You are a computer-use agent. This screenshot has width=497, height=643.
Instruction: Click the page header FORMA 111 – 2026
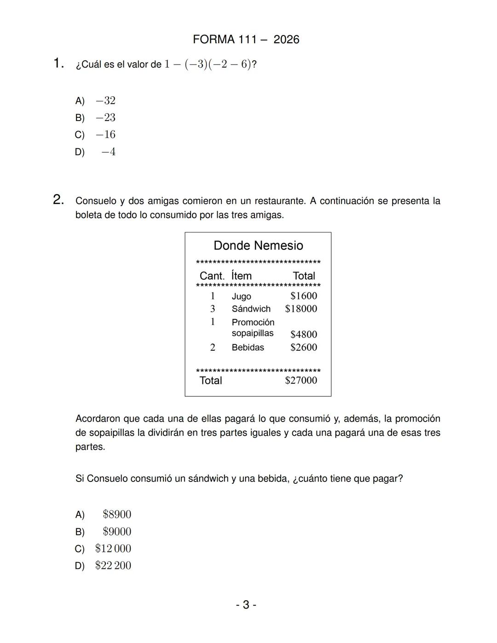(x=246, y=40)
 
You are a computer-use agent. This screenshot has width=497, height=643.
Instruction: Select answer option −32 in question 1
(x=105, y=101)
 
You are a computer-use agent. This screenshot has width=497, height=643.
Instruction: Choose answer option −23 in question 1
(x=105, y=118)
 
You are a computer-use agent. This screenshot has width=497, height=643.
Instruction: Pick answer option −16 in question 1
(x=105, y=135)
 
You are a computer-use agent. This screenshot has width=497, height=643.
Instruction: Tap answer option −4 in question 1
(x=108, y=152)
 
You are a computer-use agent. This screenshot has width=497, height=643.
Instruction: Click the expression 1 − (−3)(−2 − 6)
(x=208, y=64)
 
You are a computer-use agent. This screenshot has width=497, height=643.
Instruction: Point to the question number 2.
(x=58, y=200)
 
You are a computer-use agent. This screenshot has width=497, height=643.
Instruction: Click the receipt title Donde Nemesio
(x=258, y=245)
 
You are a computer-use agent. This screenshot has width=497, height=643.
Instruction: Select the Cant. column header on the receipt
(x=212, y=276)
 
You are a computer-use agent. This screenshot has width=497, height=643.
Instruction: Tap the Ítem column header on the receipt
(x=241, y=276)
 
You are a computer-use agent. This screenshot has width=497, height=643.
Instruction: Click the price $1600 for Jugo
(x=303, y=296)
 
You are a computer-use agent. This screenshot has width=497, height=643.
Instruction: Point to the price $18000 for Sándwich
(x=301, y=309)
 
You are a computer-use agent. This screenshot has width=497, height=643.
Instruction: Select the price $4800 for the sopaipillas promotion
(x=303, y=334)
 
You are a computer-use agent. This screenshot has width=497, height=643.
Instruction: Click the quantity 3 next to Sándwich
(x=213, y=309)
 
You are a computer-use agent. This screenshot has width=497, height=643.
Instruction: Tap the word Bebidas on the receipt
(x=248, y=348)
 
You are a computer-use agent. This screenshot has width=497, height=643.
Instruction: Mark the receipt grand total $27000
(x=301, y=380)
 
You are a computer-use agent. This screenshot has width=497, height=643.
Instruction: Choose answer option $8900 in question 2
(x=117, y=515)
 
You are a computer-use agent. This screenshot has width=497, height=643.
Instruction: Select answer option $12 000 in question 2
(x=113, y=549)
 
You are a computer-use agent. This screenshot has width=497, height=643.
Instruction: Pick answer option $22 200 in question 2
(x=113, y=566)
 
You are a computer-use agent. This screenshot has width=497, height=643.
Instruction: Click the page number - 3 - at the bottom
(x=246, y=605)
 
